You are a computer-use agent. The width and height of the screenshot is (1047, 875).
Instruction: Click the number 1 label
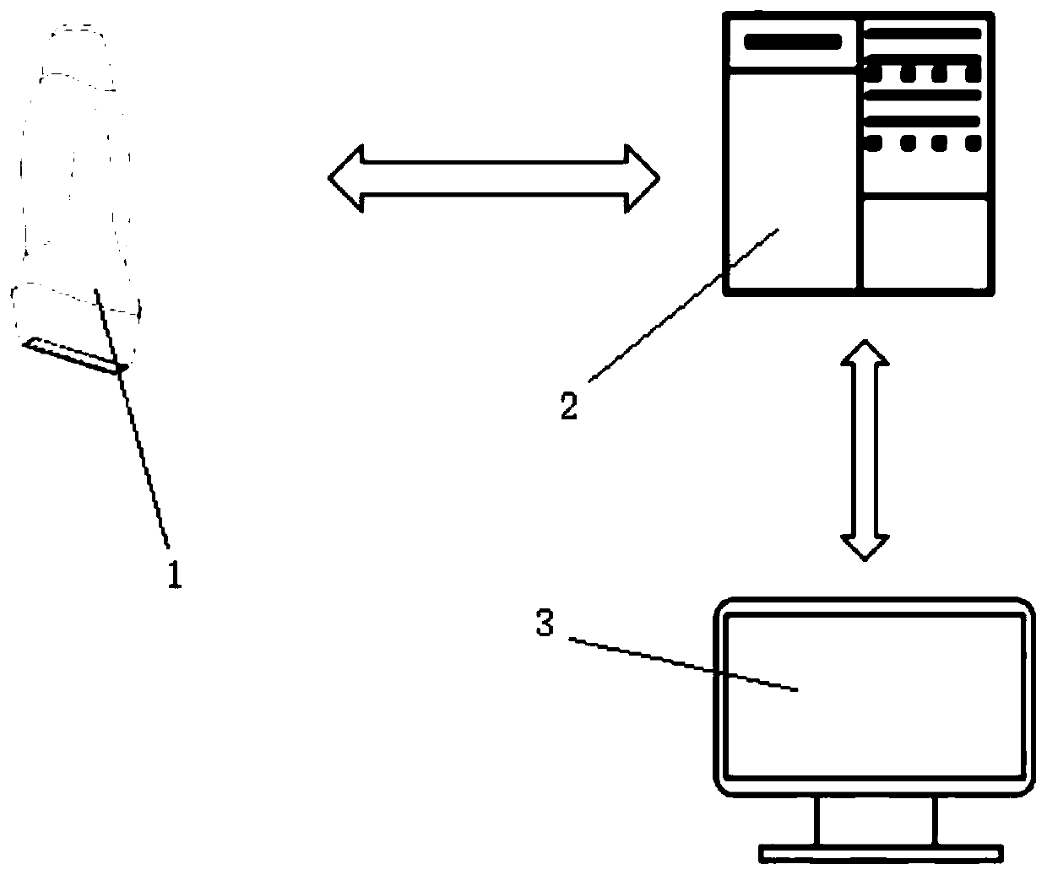point(173,575)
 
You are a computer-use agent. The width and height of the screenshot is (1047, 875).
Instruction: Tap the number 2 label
point(569,407)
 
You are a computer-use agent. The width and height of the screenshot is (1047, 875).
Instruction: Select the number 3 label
point(545,625)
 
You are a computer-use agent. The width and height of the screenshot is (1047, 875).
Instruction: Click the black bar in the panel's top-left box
point(792,41)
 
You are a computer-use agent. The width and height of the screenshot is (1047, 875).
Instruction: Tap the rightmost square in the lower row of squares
point(970,143)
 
